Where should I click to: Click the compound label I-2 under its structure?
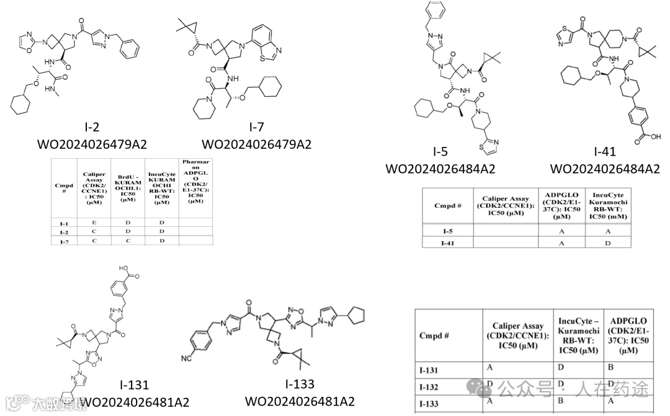click(x=92, y=128)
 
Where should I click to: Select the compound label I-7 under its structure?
click(x=257, y=128)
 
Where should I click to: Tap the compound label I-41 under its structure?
click(x=605, y=151)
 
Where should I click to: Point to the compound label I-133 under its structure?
click(x=300, y=384)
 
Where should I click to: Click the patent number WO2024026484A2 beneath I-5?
click(x=440, y=169)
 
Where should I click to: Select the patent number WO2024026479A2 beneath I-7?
click(x=257, y=144)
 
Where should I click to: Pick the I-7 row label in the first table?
click(x=65, y=241)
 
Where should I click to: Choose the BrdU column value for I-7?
click(x=128, y=241)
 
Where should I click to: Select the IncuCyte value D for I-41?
click(x=608, y=243)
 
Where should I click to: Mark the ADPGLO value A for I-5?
click(x=561, y=231)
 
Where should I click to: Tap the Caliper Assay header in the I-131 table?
click(x=517, y=335)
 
